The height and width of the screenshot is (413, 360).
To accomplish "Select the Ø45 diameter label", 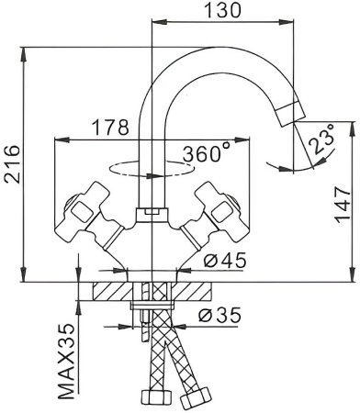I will click(x=219, y=261).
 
